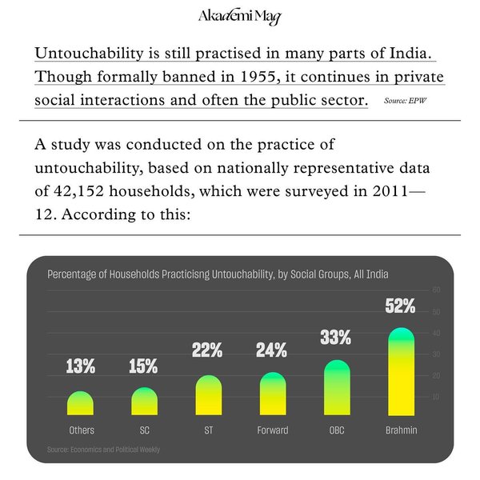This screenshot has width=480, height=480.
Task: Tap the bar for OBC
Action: tap(337, 388)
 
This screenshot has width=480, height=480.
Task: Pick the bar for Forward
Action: tap(272, 394)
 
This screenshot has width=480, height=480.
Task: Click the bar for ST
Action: tap(208, 396)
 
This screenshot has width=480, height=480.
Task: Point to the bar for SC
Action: tap(144, 402)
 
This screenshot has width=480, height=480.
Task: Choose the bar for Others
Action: tap(81, 404)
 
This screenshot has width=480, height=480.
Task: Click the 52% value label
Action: tap(400, 306)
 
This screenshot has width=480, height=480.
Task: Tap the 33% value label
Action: tap(336, 338)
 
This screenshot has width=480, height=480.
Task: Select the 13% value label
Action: tap(81, 367)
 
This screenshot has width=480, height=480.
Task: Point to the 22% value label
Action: tap(207, 350)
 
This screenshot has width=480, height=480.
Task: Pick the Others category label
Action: tap(81, 430)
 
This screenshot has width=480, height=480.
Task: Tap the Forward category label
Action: tap(272, 430)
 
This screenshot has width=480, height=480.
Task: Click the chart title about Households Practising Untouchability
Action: tap(218, 274)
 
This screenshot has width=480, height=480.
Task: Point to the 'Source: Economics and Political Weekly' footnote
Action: tap(103, 450)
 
